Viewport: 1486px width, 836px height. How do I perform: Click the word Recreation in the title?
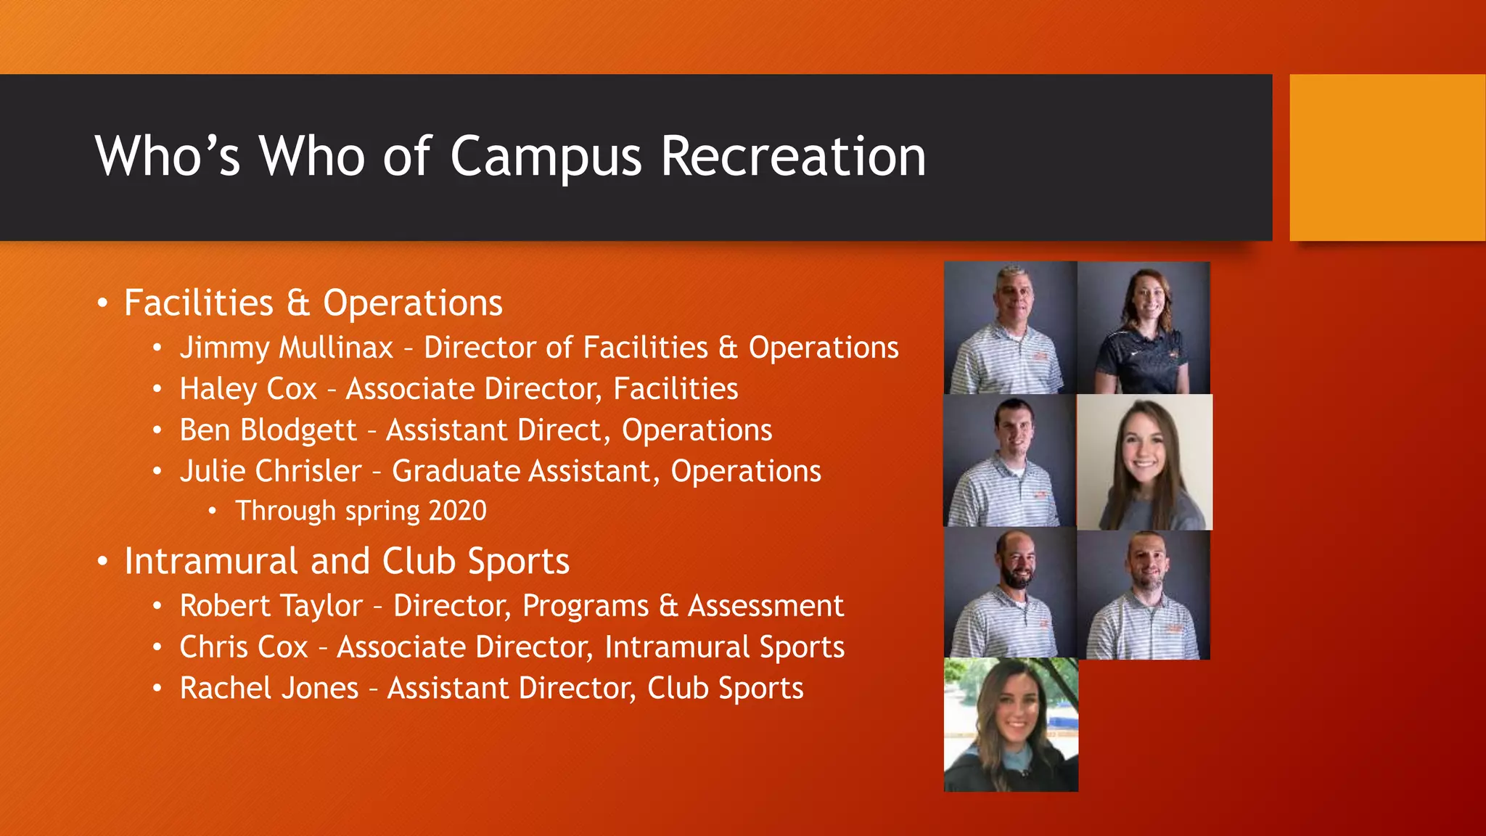[x=792, y=156]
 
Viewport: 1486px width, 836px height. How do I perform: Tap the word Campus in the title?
[x=546, y=157]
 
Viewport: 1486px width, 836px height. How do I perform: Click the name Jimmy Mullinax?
[x=286, y=348]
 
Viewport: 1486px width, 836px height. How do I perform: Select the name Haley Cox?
[x=248, y=389]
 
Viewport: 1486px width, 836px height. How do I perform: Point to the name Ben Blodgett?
[x=268, y=430]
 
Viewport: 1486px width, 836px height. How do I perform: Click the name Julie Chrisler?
[x=270, y=471]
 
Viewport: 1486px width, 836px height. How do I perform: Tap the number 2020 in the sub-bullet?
[x=457, y=511]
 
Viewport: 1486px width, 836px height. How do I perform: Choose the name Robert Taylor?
[x=271, y=606]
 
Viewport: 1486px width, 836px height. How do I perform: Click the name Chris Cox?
[x=244, y=647]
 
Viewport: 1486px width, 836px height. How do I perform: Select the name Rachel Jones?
[x=268, y=688]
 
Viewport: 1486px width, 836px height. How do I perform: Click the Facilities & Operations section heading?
[x=313, y=303]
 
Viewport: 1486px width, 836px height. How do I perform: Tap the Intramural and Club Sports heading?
[x=346, y=561]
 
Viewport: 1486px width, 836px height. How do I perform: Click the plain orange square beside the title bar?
[x=1387, y=157]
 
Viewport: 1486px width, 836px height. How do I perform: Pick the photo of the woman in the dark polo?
[x=1144, y=328]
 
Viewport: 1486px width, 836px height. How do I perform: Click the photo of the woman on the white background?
[x=1144, y=462]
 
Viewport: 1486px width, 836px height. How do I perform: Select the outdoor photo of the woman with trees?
[x=1011, y=724]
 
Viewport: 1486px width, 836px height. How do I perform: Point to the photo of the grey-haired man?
[x=1010, y=328]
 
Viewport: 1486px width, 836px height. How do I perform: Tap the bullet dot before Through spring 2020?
[x=212, y=512]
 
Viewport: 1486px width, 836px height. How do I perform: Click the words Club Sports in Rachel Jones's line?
[x=725, y=688]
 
